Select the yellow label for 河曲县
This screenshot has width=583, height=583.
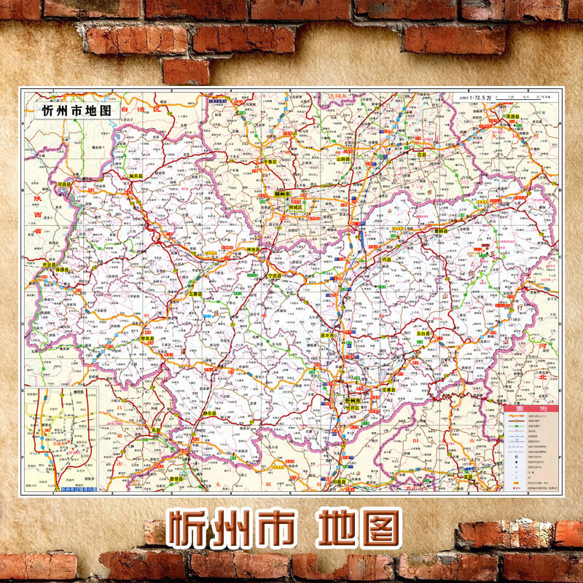tap(66, 185)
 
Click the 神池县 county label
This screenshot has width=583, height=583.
tap(254, 250)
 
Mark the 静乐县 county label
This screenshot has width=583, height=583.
tap(211, 413)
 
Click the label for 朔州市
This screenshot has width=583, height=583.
tap(282, 195)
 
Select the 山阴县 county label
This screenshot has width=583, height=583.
tap(344, 158)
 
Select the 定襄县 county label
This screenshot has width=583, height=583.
tap(388, 390)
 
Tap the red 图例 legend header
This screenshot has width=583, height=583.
tap(531, 409)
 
